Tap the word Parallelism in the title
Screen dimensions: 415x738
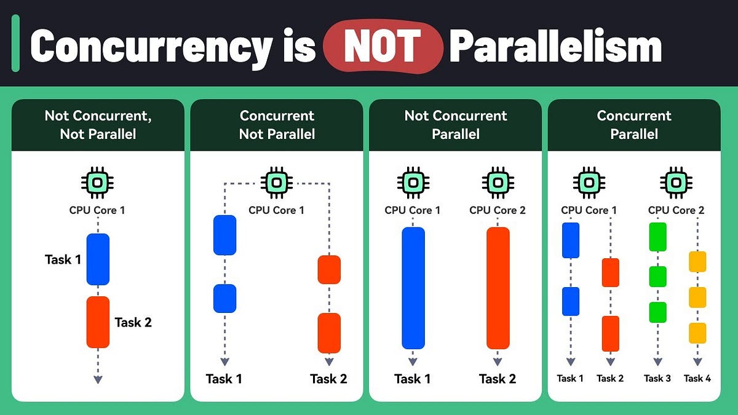555,47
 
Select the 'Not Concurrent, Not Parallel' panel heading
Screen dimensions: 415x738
98,125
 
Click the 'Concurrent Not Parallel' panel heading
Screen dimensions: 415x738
277,125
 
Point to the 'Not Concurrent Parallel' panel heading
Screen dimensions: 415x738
455,125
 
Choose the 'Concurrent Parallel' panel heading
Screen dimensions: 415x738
634,125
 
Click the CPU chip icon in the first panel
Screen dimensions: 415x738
98,182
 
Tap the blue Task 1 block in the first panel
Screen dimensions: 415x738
98,259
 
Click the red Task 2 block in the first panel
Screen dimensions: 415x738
98,322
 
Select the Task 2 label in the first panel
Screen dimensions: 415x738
133,322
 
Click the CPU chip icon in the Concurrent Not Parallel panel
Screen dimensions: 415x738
277,182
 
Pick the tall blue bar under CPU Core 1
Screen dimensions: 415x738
413,288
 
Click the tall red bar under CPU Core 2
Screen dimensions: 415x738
498,288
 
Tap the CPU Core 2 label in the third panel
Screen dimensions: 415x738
498,210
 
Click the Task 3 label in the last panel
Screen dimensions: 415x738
657,378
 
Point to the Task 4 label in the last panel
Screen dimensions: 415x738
697,378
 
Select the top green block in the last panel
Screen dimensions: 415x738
657,237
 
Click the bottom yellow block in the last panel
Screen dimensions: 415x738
697,333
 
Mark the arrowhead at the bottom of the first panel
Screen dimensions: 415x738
98,379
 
